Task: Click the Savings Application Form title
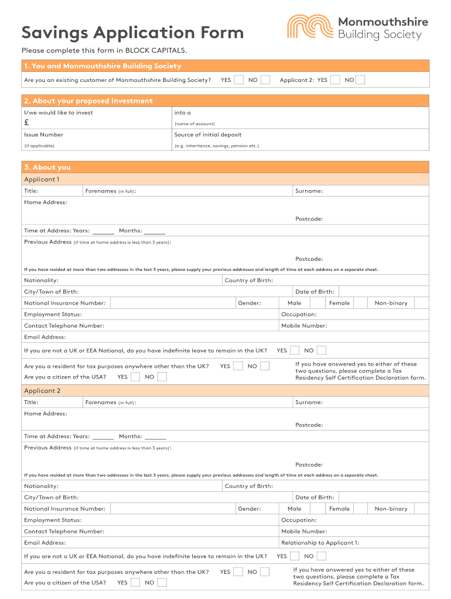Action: [132, 33]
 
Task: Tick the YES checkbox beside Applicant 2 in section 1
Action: [335, 80]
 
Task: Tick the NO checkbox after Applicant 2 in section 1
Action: [360, 80]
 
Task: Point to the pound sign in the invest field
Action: [27, 123]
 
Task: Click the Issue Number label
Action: [43, 135]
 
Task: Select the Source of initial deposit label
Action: [207, 135]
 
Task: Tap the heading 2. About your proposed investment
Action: [88, 101]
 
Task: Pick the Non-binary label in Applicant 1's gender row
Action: [391, 303]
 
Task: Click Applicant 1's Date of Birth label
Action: [315, 291]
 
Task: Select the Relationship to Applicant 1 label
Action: [320, 543]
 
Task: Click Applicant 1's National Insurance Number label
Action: [64, 303]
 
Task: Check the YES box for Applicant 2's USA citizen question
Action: [135, 582]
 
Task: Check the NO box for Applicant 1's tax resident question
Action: [265, 366]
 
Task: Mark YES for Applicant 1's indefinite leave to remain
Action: [295, 350]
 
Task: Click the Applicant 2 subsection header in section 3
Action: [42, 391]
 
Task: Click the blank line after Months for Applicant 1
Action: [155, 232]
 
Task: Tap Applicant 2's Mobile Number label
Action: [304, 532]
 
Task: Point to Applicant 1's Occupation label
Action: [299, 314]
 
